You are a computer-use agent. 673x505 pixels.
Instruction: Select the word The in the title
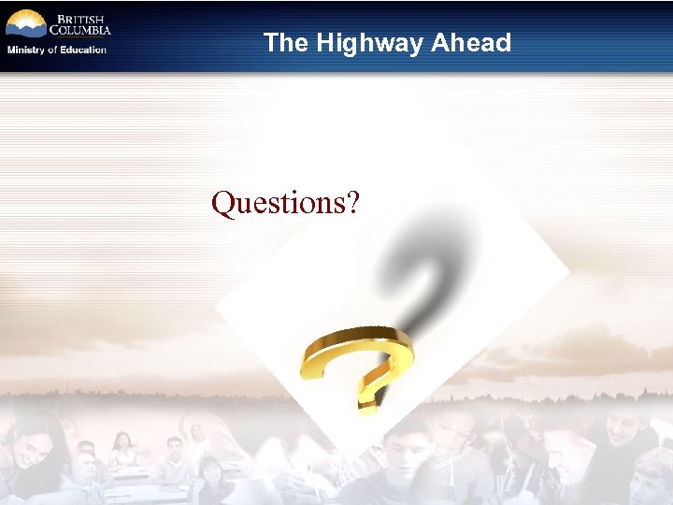[286, 43]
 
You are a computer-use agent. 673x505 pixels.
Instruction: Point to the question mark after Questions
[351, 202]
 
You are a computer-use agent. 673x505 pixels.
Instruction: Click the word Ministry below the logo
[25, 50]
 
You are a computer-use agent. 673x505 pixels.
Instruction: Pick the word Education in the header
[83, 50]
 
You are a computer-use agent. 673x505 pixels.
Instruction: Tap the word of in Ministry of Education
[52, 50]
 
